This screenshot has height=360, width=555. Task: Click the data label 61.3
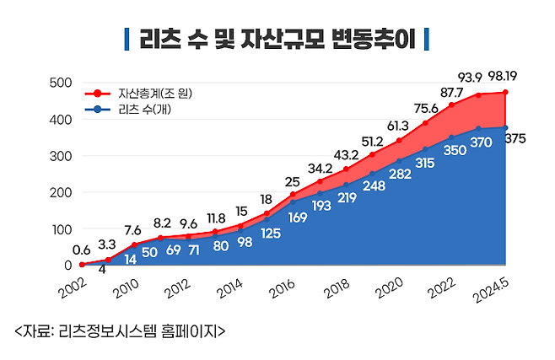coord(398,126)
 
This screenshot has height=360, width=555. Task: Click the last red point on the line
coord(506,93)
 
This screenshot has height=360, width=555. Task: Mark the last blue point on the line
coord(506,127)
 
